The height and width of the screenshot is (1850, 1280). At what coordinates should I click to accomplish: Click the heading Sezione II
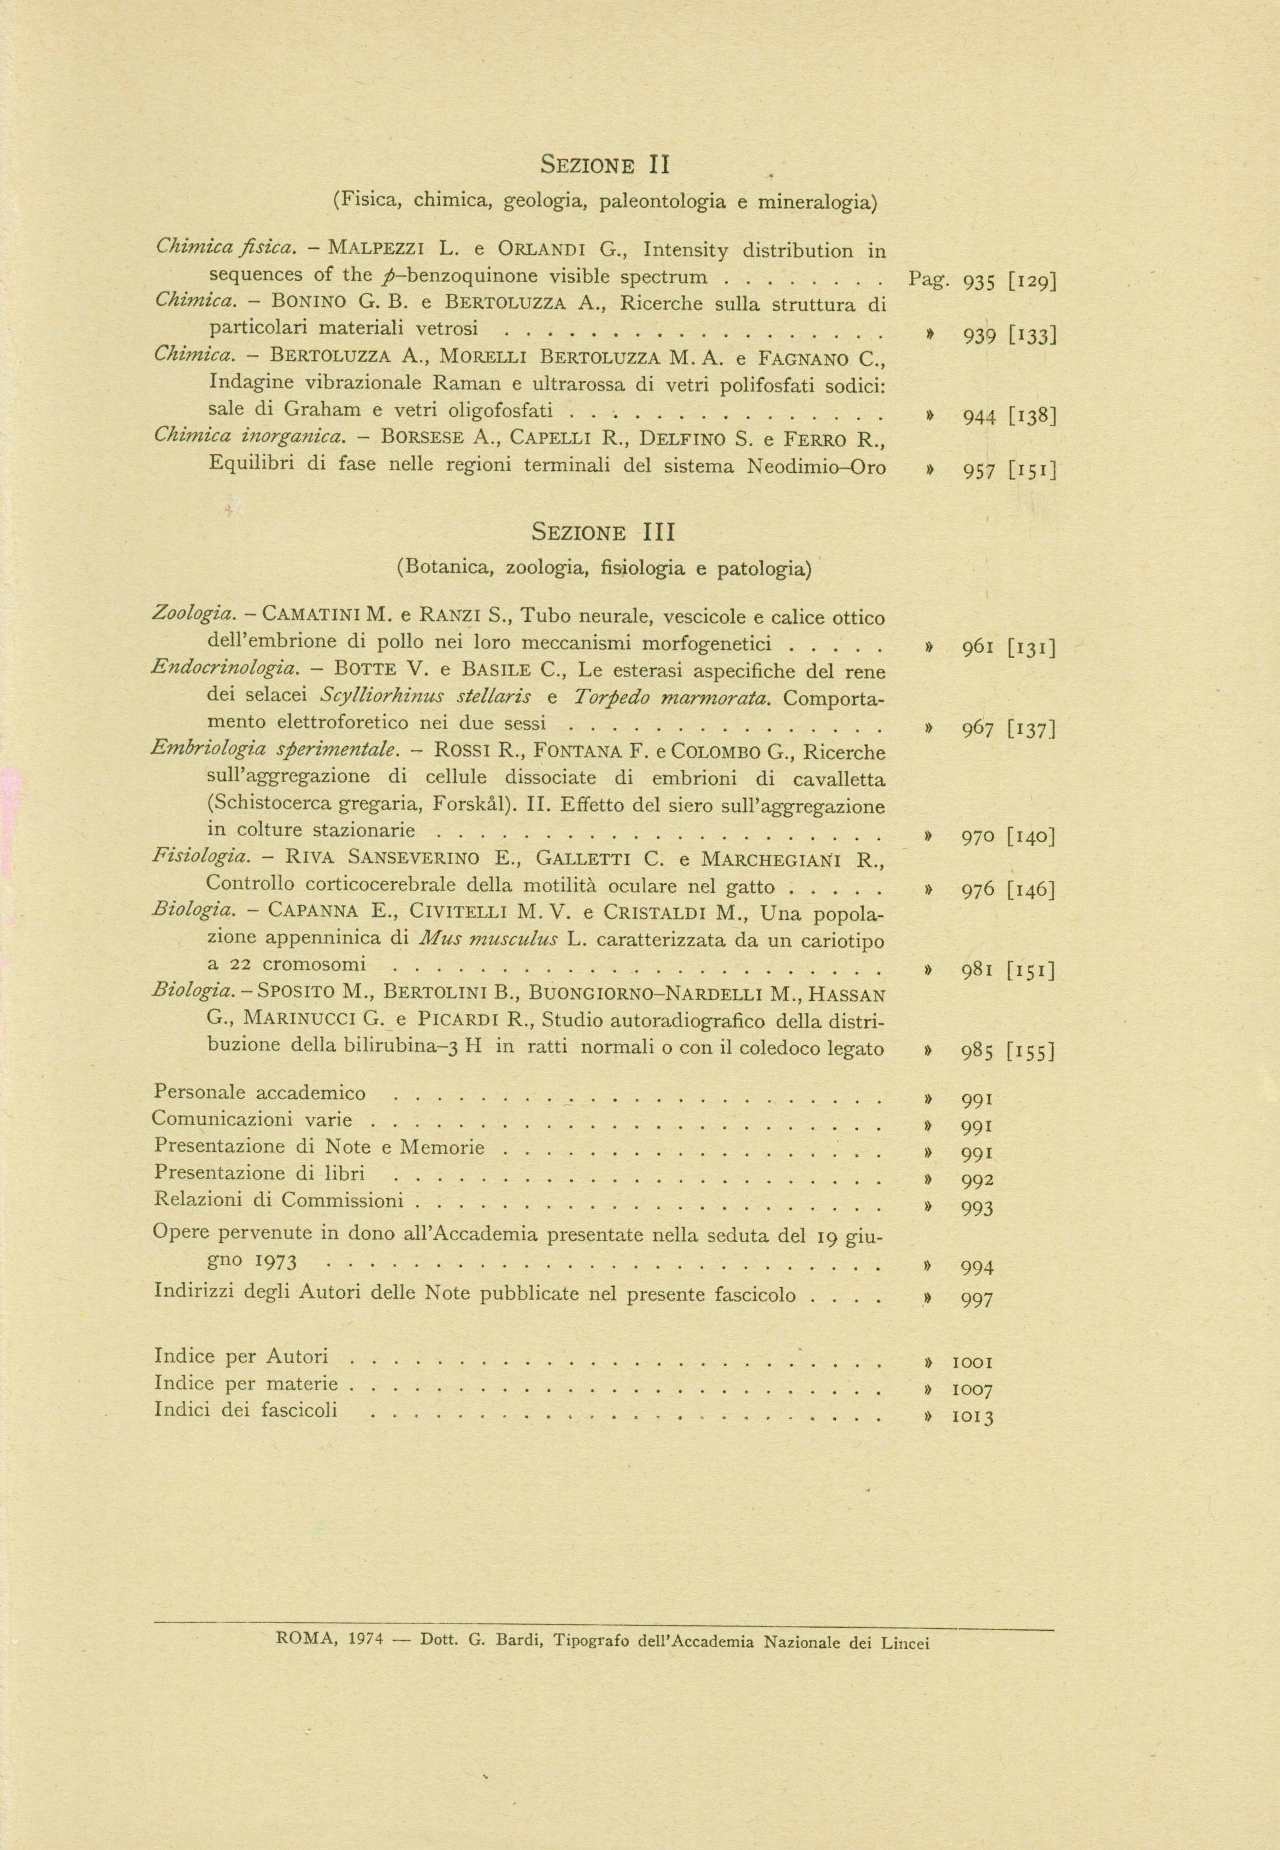tap(604, 165)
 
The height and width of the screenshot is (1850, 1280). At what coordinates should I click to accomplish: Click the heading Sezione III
tap(604, 532)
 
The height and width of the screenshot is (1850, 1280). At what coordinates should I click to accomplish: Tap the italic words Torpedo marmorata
tap(672, 696)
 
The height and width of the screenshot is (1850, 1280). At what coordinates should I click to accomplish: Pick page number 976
tap(978, 890)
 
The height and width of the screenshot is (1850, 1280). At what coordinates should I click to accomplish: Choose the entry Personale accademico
tap(260, 1093)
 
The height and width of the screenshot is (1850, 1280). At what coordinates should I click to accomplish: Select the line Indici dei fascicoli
tap(246, 1410)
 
